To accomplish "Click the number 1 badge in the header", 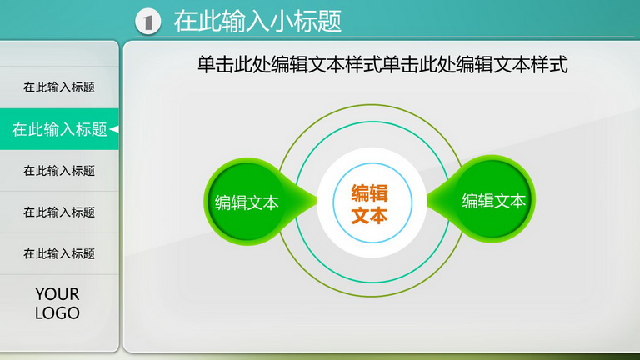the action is pos(147,21).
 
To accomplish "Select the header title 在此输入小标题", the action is pos(257,21).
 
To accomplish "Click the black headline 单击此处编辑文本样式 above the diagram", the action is pos(382,65).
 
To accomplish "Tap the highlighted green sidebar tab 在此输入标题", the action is pos(59,129).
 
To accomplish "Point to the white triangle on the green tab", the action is pos(114,129).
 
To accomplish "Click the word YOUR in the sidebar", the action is pos(57,294).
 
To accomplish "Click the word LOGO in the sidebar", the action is pos(57,313).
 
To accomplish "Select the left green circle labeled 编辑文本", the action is pos(247,202).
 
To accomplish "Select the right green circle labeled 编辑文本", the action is pos(493,200).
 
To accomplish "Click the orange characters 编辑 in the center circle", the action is pos(369,193).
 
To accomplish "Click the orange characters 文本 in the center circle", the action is pos(369,215).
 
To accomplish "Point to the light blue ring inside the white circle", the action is pos(372,163).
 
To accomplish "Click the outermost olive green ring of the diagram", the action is pos(372,105).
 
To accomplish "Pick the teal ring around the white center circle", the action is pos(372,122).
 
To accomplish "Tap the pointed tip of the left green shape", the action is pos(317,201).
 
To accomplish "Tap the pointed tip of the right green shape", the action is pos(427,200).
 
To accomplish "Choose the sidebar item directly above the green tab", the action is pos(59,87).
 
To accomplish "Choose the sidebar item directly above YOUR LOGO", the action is pos(59,253).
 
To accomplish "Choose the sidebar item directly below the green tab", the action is pos(59,171).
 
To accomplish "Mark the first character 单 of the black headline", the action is pos(206,65).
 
